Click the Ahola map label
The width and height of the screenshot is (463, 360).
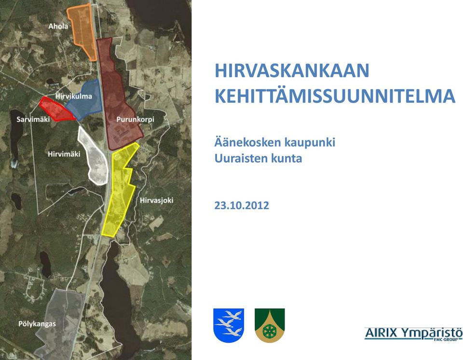pos(58,27)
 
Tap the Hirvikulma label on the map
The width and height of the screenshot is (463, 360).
pos(73,97)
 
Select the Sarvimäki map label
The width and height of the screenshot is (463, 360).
pos(33,119)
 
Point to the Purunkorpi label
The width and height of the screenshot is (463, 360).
pos(135,119)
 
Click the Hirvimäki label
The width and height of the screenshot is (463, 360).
pos(64,154)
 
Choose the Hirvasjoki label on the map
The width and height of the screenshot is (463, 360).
pos(156,200)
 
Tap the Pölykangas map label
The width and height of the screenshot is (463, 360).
pos(37,324)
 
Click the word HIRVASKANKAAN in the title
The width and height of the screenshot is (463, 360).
pos(292,70)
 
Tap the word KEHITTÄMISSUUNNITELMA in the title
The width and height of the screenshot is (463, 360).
pos(335,96)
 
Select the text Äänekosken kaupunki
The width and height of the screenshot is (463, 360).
pos(274,142)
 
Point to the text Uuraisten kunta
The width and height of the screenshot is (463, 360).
pos(258,158)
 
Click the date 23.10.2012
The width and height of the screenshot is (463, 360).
pos(242,205)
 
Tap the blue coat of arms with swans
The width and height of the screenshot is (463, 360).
pos(229,325)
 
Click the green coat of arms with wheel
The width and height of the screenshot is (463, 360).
pos(270,325)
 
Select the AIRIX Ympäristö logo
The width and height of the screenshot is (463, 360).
pos(413,334)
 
